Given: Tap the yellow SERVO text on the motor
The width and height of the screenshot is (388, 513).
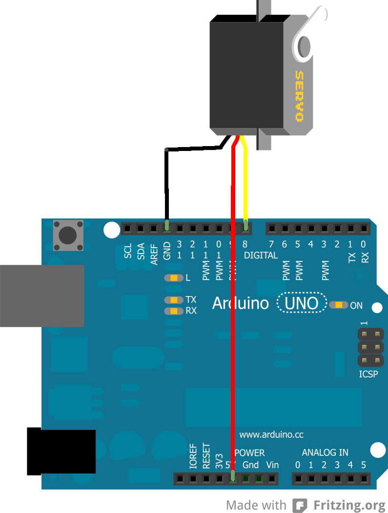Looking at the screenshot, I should pyautogui.click(x=299, y=96).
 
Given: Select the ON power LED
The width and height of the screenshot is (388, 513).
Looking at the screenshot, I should pyautogui.click(x=339, y=305).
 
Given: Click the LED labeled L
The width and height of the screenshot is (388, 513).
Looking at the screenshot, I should pyautogui.click(x=173, y=278).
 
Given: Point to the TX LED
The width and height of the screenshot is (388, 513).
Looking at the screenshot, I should pyautogui.click(x=173, y=300).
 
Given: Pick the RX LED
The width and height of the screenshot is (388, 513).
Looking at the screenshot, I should pyautogui.click(x=173, y=311).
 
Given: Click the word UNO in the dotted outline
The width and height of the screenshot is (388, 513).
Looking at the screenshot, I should pyautogui.click(x=301, y=303).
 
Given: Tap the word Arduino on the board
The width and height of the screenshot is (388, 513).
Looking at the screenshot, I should pyautogui.click(x=240, y=303).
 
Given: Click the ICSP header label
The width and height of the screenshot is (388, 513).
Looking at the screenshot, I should pyautogui.click(x=368, y=375).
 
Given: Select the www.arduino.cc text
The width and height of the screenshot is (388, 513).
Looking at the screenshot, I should pyautogui.click(x=271, y=434).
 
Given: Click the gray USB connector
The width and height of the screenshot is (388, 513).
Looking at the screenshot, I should pyautogui.click(x=41, y=296).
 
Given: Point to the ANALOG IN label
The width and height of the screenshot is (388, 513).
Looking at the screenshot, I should pyautogui.click(x=325, y=452).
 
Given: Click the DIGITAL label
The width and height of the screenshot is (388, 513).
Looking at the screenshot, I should pyautogui.click(x=261, y=255).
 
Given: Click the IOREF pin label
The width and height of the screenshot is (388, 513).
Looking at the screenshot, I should pyautogui.click(x=193, y=457).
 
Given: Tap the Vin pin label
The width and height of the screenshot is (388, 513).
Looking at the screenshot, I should pyautogui.click(x=272, y=465).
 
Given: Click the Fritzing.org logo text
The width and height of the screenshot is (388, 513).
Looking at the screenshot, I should pyautogui.click(x=349, y=505).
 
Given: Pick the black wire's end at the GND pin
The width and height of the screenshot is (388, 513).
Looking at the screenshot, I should pyautogui.click(x=167, y=226).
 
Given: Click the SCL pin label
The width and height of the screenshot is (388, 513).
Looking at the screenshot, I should pyautogui.click(x=128, y=251).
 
